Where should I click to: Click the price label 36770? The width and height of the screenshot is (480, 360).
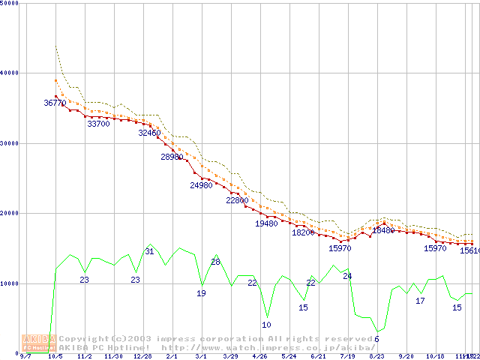(x=55, y=103)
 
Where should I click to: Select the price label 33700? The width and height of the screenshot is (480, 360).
(x=98, y=124)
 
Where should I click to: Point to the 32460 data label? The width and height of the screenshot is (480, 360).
(x=149, y=133)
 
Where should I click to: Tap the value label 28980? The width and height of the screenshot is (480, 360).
(x=172, y=157)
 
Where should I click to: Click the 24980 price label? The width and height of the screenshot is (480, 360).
(x=201, y=185)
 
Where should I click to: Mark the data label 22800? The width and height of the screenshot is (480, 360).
(x=237, y=200)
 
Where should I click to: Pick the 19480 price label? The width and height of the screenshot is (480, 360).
(x=266, y=223)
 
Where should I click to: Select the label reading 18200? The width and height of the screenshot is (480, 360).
(x=303, y=232)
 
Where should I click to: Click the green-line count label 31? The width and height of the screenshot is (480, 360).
(x=149, y=251)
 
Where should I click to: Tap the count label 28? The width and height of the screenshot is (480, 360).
(x=215, y=262)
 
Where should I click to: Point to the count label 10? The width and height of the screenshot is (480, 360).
(x=266, y=325)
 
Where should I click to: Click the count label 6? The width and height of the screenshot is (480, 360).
(x=376, y=339)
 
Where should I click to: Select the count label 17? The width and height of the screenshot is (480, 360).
(x=420, y=301)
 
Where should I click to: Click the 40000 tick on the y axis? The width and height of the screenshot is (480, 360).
(x=10, y=73)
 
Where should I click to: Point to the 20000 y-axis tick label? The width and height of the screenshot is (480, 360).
(x=10, y=213)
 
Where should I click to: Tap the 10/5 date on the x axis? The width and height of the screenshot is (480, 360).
(x=55, y=356)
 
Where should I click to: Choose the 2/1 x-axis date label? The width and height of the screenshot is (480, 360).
(x=172, y=356)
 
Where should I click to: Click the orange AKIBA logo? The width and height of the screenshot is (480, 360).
(x=39, y=343)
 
